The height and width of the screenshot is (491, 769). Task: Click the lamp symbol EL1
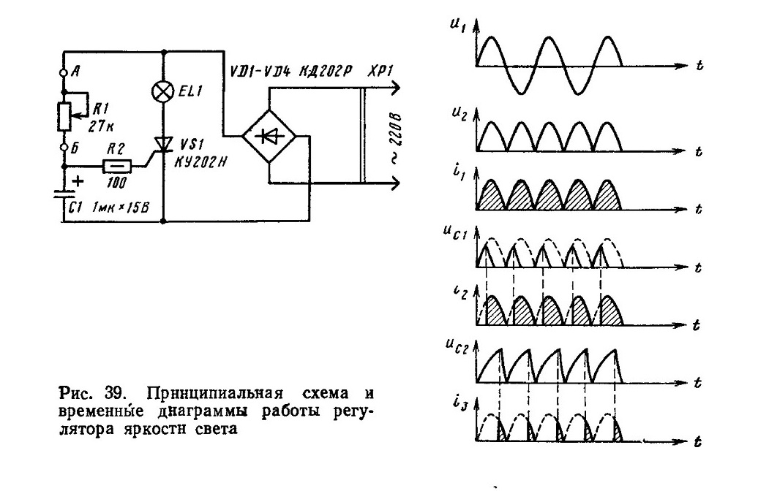(163, 91)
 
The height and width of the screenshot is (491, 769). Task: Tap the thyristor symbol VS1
(162, 145)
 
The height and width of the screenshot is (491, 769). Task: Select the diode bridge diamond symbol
(269, 137)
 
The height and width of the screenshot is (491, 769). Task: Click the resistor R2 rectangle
(117, 167)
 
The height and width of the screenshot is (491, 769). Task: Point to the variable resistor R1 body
(64, 116)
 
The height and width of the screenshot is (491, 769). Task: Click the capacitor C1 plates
(64, 196)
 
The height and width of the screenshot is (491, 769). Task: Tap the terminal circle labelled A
(63, 72)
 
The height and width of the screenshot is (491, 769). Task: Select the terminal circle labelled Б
(63, 147)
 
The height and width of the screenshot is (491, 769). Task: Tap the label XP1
(380, 70)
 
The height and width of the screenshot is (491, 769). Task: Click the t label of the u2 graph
(698, 151)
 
